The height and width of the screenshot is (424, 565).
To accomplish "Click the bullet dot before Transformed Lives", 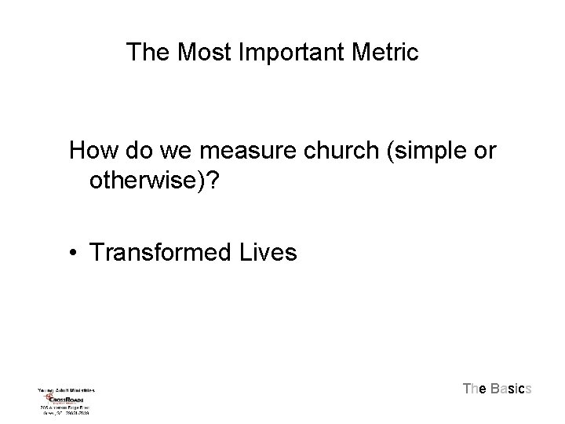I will click(x=73, y=252).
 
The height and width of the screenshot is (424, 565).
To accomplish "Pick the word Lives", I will click(x=270, y=252).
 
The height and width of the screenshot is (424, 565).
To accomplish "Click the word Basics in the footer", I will click(x=512, y=389).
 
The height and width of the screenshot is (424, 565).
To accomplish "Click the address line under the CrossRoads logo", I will click(x=66, y=409).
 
